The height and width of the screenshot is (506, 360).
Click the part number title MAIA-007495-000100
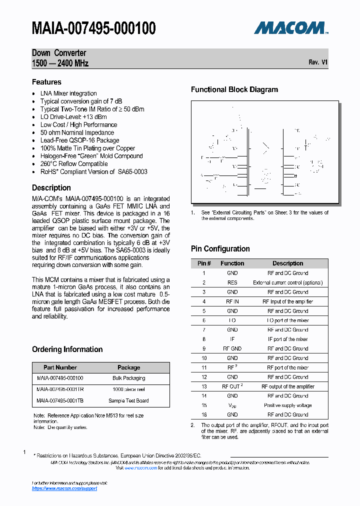click(94, 28)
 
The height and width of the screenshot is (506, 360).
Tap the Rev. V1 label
click(318, 62)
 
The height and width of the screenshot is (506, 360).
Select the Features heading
click(46, 82)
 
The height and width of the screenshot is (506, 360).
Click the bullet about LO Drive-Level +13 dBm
click(73, 117)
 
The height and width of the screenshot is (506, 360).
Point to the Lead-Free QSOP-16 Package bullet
click(79, 140)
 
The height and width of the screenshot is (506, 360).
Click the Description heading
click(51, 188)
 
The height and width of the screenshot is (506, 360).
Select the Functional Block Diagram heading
click(234, 90)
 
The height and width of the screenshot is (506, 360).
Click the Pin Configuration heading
click(220, 249)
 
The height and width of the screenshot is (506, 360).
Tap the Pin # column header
click(204, 263)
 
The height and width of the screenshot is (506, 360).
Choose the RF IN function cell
click(232, 301)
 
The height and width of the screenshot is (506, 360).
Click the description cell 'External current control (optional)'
click(287, 282)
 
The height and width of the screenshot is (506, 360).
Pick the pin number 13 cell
click(204, 386)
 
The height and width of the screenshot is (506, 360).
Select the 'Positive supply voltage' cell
click(287, 405)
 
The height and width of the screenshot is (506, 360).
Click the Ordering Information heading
click(67, 349)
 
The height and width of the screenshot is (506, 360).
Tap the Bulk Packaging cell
click(128, 378)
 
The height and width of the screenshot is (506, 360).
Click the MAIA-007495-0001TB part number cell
click(60, 400)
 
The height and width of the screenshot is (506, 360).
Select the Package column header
click(128, 367)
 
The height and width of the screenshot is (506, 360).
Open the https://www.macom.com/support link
click(64, 488)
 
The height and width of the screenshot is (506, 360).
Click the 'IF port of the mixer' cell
click(287, 339)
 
